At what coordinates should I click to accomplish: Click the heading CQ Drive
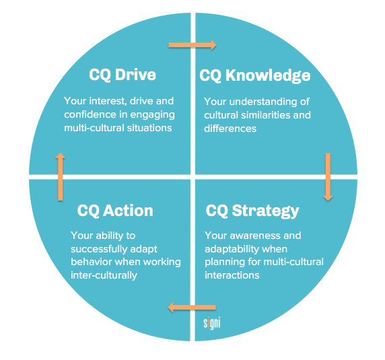[123, 75]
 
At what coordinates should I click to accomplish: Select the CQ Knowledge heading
[255, 75]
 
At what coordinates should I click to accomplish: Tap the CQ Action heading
[115, 211]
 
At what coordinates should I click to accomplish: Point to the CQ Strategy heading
[252, 211]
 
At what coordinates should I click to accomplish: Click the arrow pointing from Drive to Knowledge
[193, 45]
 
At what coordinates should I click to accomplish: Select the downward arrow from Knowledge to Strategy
[328, 177]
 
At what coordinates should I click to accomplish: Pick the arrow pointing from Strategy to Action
[192, 308]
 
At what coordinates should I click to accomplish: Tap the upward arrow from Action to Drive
[60, 177]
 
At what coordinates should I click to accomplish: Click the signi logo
[211, 323]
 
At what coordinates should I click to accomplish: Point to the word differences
[230, 129]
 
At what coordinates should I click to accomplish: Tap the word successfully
[99, 250]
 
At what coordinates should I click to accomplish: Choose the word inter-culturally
[104, 275]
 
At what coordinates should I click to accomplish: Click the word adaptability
[232, 250]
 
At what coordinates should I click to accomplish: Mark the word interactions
[232, 275]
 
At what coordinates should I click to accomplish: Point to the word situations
[149, 128]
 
